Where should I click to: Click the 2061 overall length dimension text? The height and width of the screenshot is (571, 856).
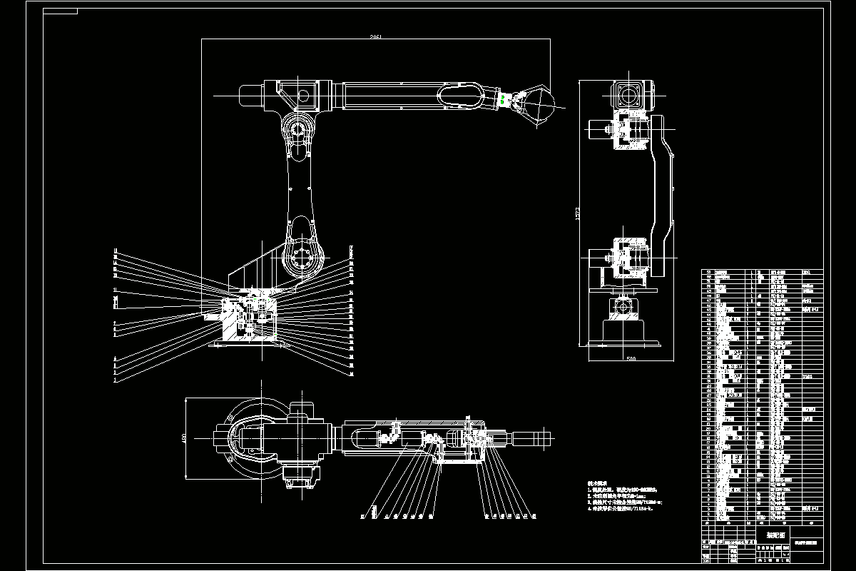pyautogui.click(x=376, y=36)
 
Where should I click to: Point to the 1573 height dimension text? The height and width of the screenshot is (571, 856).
pyautogui.click(x=579, y=214)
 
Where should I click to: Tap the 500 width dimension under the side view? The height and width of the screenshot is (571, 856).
pyautogui.click(x=631, y=358)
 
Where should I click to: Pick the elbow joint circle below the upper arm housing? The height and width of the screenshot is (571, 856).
pyautogui.click(x=298, y=131)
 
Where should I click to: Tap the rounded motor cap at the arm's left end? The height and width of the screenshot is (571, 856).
pyautogui.click(x=247, y=95)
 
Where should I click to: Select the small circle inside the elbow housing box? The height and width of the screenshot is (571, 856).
pyautogui.click(x=302, y=94)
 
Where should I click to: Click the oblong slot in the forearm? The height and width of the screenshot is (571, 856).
pyautogui.click(x=460, y=95)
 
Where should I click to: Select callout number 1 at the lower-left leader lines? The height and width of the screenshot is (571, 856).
pyautogui.click(x=115, y=381)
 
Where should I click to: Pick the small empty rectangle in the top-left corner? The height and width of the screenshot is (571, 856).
pyautogui.click(x=60, y=11)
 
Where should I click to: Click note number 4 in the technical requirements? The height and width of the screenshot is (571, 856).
pyautogui.click(x=603, y=510)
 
